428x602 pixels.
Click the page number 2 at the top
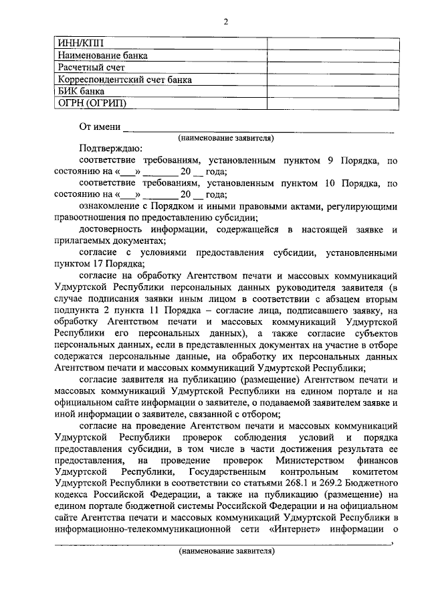click(x=225, y=21)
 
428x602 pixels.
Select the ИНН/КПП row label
click(x=78, y=44)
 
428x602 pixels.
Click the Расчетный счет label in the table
click(x=92, y=68)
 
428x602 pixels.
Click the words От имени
click(x=100, y=127)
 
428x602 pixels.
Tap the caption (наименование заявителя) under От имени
click(x=226, y=138)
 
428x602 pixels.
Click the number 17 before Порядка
click(x=95, y=264)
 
